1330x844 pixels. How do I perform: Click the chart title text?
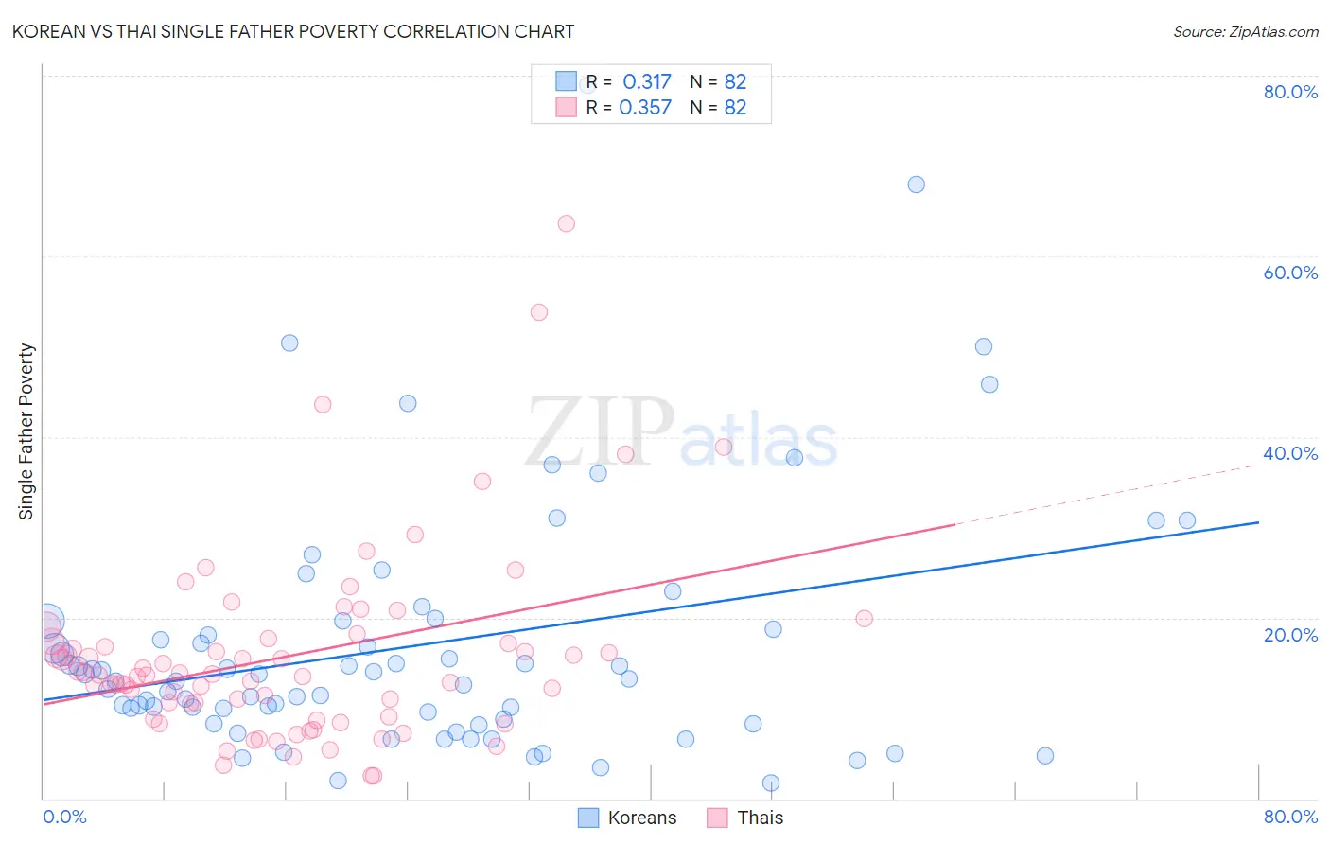click(293, 31)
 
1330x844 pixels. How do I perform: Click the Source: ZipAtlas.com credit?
click(1245, 31)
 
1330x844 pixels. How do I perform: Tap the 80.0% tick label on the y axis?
click(1290, 92)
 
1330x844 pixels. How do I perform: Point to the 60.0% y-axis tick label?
click(1290, 273)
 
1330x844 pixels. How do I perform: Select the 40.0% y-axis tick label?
click(1290, 453)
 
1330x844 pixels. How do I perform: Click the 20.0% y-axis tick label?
click(1290, 634)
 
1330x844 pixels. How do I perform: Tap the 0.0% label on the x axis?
click(64, 817)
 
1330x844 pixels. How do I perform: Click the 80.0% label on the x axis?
click(1290, 817)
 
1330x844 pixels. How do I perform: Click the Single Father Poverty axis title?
click(26, 431)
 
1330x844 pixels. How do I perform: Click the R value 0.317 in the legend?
click(646, 82)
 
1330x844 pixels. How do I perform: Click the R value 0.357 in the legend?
click(646, 108)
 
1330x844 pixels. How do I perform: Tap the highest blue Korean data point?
click(916, 185)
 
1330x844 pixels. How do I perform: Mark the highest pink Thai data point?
click(566, 223)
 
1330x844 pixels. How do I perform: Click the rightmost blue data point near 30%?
click(1186, 520)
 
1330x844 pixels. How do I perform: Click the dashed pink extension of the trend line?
click(1107, 495)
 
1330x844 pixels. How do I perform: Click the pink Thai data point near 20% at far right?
click(864, 619)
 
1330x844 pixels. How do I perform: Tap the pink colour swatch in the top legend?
click(566, 107)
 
